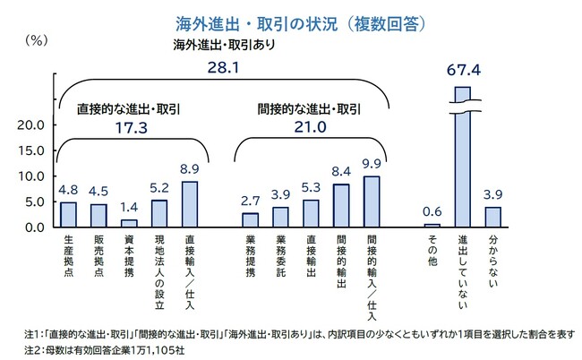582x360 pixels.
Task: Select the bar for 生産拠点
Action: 69,214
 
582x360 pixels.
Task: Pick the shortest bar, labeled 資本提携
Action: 129,223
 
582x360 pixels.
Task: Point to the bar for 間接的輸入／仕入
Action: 371,201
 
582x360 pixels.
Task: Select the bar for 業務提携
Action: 251,219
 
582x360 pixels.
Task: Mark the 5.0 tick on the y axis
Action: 33,201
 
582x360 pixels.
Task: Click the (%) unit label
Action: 37,39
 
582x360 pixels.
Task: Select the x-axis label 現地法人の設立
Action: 158,270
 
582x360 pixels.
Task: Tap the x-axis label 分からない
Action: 492,260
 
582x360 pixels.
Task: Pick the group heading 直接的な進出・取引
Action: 128,108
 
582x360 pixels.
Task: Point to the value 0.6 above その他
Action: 432,211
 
